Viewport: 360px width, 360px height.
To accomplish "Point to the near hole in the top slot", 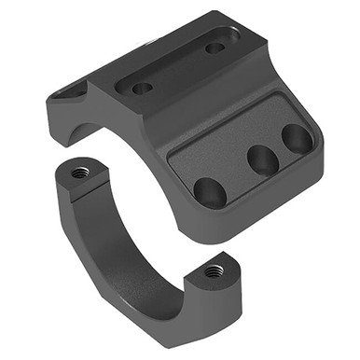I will pyautogui.click(x=142, y=89).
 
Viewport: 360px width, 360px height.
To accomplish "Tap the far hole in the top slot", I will pyautogui.click(x=215, y=47).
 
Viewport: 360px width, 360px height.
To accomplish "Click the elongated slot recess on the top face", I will pyautogui.click(x=177, y=68).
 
